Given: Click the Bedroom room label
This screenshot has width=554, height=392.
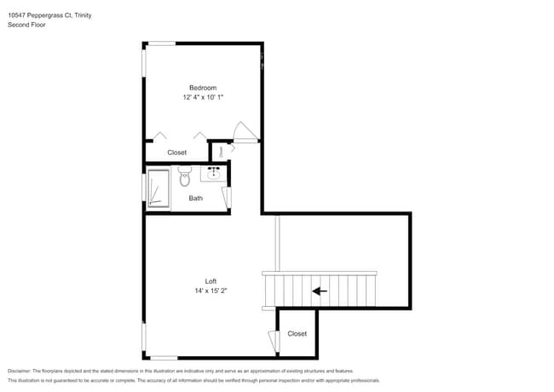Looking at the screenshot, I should pos(203,88).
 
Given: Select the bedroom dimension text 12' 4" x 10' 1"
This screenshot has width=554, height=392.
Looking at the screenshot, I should pos(203,98).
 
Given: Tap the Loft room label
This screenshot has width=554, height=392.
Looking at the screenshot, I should pos(211,281).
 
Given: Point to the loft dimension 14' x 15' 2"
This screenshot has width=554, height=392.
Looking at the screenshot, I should pos(211,291).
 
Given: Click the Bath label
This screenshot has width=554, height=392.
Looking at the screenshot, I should pos(196,199).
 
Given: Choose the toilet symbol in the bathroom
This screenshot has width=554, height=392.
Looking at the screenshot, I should pos(185,176).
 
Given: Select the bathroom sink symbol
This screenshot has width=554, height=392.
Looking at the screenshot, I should pos(214,175).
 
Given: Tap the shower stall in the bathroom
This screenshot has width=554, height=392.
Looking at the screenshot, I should pos(158,188).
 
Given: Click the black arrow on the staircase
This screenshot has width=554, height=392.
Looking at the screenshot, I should pos(320,291).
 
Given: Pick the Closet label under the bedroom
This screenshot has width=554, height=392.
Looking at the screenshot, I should pos(176,153).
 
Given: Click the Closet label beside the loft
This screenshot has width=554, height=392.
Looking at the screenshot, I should pos(297,334).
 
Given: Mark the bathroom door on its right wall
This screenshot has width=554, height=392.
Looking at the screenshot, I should pos(227,199).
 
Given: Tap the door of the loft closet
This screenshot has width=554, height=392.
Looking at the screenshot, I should pos(273,341).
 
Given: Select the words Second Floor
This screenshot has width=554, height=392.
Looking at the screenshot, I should pos(26,25).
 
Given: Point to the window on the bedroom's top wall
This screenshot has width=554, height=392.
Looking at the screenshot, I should pos(162,43).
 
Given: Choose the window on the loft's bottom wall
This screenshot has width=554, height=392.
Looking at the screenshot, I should pos(164,357).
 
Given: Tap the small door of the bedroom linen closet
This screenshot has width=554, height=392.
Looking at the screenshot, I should pos(221,151).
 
